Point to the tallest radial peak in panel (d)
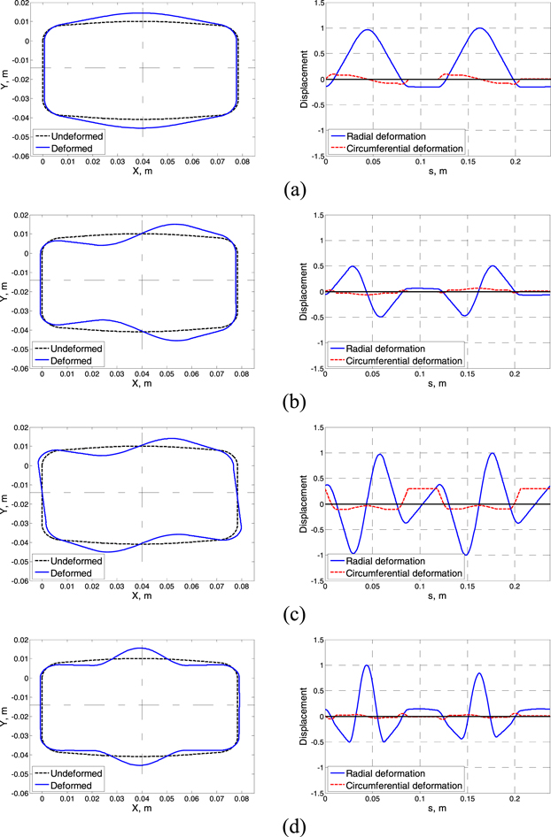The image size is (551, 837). coord(366,665)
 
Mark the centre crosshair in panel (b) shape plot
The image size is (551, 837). coord(142,280)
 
